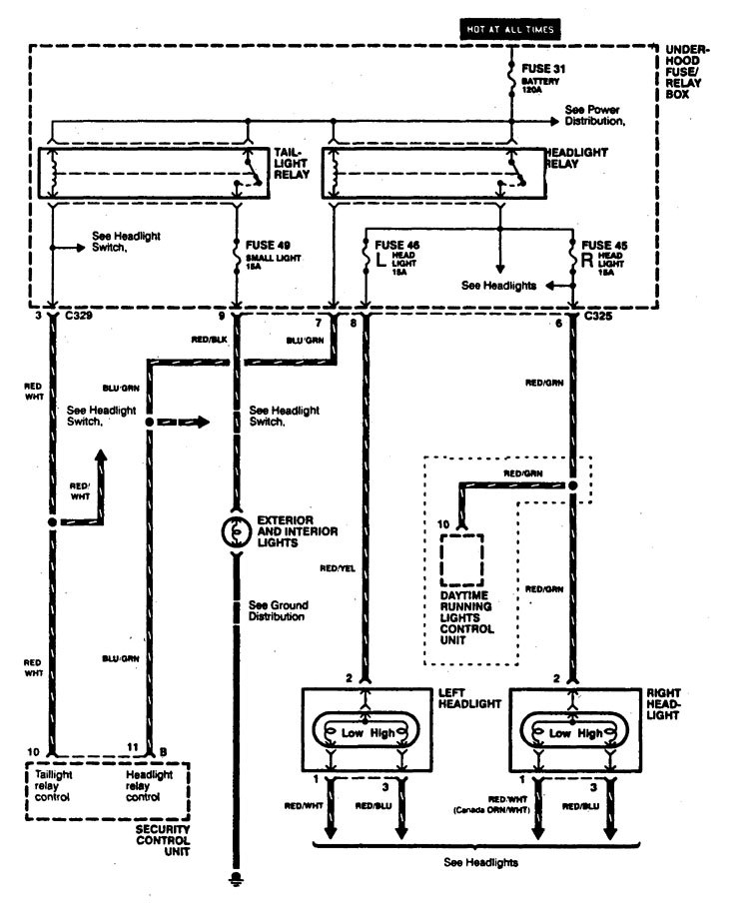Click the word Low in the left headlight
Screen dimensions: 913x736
click(350, 732)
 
